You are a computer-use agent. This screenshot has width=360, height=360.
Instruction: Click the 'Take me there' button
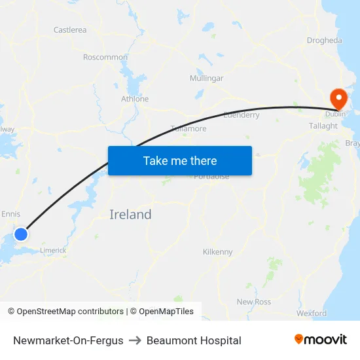click(x=180, y=160)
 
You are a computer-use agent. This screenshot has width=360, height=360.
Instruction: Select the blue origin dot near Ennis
click(x=21, y=234)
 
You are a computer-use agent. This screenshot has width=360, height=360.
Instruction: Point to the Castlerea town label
click(x=70, y=30)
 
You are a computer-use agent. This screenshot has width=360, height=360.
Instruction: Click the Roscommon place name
click(x=105, y=58)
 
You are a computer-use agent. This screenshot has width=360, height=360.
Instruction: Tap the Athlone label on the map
click(x=135, y=99)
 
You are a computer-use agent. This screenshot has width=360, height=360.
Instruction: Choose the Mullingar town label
click(x=206, y=79)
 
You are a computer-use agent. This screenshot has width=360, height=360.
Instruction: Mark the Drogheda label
click(x=324, y=41)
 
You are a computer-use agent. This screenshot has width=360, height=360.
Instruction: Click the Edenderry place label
click(x=242, y=115)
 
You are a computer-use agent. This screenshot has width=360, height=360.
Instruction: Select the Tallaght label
click(x=323, y=126)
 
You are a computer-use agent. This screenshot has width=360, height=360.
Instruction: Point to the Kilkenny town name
click(x=218, y=252)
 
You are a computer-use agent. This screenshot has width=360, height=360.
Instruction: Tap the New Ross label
click(x=254, y=302)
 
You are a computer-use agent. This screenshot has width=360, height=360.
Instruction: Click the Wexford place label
click(x=311, y=314)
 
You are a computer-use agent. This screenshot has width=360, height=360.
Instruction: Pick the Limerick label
click(x=53, y=250)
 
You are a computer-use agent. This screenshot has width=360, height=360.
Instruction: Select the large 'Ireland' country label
click(x=130, y=215)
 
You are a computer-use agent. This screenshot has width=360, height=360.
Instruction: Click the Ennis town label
click(x=11, y=214)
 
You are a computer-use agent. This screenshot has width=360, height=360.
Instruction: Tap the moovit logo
click(x=321, y=340)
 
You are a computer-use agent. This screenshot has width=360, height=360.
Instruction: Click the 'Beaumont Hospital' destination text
click(x=194, y=340)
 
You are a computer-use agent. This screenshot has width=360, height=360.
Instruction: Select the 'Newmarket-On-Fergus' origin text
click(x=68, y=340)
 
